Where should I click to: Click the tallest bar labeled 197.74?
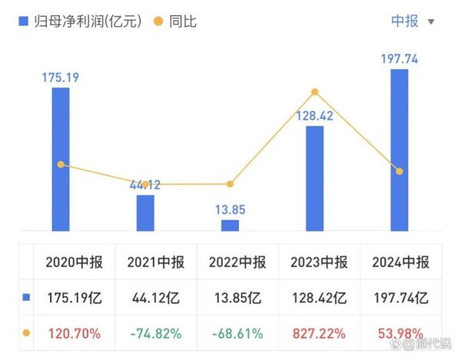[399, 150]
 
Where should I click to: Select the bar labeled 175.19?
[61, 159]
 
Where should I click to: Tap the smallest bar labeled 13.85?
[230, 225]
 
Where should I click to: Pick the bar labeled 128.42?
[314, 178]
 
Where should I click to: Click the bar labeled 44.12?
[145, 213]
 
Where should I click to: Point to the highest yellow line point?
[314, 92]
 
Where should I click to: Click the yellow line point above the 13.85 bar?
[230, 183]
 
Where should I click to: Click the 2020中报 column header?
[69, 263]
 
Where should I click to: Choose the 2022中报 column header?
[237, 263]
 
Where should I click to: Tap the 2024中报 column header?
[400, 263]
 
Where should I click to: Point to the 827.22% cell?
[319, 333]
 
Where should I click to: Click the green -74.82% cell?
[155, 333]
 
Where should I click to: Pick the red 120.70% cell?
[69, 333]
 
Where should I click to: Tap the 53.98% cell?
[400, 333]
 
